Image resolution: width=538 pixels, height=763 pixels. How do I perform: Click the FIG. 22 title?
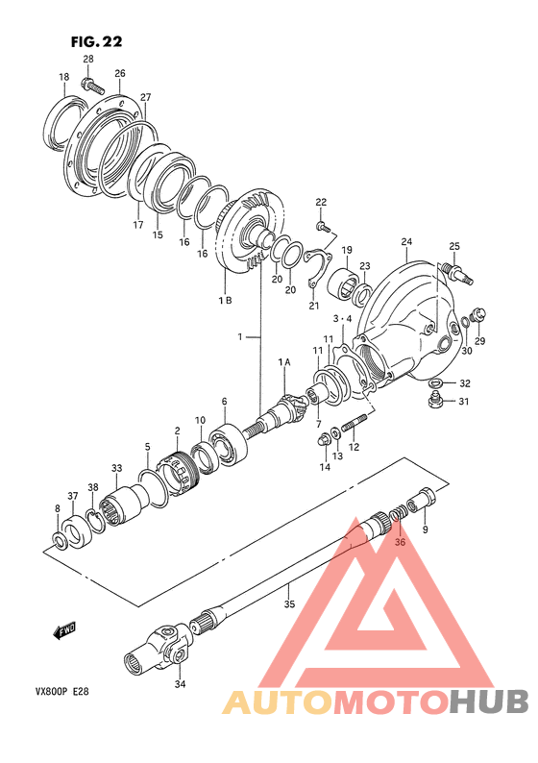tap(96, 42)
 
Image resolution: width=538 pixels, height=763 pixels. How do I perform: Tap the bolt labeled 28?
tap(93, 86)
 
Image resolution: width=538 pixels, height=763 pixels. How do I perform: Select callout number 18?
tap(63, 77)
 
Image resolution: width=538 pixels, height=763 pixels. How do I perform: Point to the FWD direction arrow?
tap(64, 631)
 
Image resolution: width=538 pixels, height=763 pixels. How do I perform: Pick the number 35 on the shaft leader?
tap(289, 604)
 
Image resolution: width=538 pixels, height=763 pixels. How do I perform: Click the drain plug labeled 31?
tap(434, 402)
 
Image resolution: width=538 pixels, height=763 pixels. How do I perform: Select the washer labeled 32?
tap(435, 382)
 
